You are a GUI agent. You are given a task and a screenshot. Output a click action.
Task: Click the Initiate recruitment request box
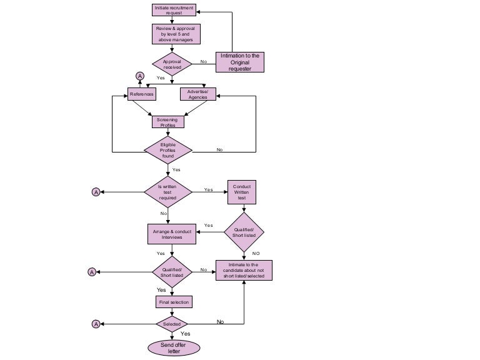pos(174,10)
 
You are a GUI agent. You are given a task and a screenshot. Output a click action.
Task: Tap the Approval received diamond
pos(172,64)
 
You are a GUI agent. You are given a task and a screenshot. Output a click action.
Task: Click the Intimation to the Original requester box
pos(239,62)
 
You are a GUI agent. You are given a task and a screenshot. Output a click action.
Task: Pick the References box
pos(141,94)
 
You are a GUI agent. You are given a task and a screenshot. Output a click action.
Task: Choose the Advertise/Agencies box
pos(197,94)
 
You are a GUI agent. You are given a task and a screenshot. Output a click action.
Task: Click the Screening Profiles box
pos(167,122)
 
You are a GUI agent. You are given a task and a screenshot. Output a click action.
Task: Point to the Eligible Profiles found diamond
pos(168,151)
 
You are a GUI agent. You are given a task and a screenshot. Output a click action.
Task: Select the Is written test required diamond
pos(167,192)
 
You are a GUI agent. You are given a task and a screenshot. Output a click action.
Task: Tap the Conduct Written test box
pos(242,192)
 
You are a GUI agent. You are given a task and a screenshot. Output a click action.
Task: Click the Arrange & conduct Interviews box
pos(172,234)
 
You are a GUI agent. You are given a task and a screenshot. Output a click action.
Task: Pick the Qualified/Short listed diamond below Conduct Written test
pos(244,232)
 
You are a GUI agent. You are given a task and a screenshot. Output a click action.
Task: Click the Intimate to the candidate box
pos(244,270)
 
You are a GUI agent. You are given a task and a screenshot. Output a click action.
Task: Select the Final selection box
pos(172,302)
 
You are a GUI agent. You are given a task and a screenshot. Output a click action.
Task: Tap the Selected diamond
pos(172,324)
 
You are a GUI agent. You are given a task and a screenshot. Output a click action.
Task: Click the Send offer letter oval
pos(174,347)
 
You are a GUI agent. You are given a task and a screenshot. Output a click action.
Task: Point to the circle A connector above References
pos(140,76)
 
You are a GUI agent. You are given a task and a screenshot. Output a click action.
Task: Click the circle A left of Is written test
pos(96,192)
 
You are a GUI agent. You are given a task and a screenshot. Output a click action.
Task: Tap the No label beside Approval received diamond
pos(204,62)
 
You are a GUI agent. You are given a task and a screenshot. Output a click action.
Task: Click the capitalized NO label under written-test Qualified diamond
pos(256,253)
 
